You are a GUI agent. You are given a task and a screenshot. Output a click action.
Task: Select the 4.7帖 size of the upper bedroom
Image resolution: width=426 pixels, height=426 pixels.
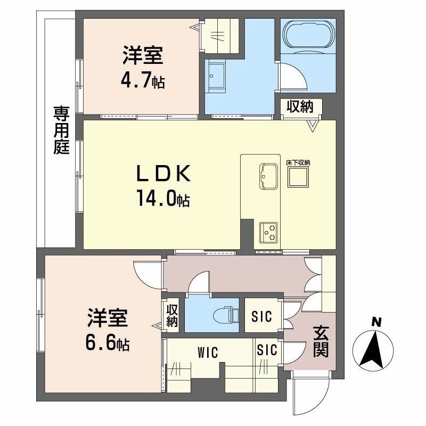[x=143, y=81]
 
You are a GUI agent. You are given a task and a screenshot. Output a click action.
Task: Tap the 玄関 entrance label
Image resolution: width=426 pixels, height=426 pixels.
[x=320, y=341]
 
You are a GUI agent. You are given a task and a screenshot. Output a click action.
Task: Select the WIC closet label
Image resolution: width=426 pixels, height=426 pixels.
[x=209, y=353]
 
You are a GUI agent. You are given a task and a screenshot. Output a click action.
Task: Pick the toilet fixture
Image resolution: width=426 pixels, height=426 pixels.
[x=226, y=314]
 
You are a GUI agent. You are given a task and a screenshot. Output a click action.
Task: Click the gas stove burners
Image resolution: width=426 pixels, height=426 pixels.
[x=268, y=232]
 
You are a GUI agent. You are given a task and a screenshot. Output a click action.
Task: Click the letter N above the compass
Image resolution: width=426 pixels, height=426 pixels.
[x=376, y=322]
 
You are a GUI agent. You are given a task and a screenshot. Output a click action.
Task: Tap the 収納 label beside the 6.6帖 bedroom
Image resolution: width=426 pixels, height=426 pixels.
[x=173, y=316]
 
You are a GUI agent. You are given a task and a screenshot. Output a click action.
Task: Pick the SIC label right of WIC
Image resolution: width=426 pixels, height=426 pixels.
[x=267, y=350]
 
